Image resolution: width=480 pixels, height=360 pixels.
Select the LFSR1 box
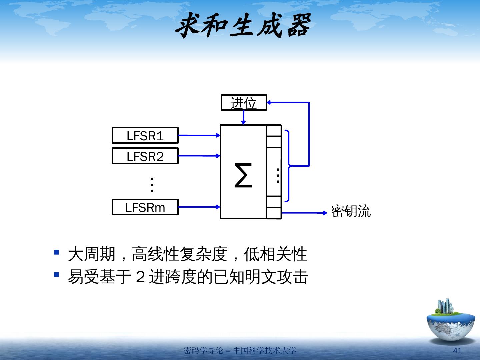click(x=145, y=136)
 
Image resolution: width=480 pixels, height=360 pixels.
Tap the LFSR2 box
click(x=145, y=156)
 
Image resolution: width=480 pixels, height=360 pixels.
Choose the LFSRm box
click(x=145, y=207)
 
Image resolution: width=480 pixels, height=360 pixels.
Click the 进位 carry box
click(x=244, y=103)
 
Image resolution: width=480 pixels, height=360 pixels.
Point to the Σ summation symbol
click(x=243, y=175)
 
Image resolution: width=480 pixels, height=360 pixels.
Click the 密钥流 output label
click(x=351, y=211)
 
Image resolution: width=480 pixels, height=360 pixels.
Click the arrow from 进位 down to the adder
click(x=243, y=117)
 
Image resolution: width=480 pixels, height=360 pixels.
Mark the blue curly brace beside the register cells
click(x=288, y=166)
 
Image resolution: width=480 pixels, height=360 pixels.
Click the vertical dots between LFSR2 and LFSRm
click(x=152, y=185)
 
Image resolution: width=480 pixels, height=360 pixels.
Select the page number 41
click(x=458, y=351)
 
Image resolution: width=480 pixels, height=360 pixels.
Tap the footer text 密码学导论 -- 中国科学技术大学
click(x=240, y=351)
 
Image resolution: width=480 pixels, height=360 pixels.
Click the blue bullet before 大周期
click(x=56, y=252)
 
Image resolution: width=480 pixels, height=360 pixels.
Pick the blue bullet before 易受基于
click(x=56, y=275)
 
